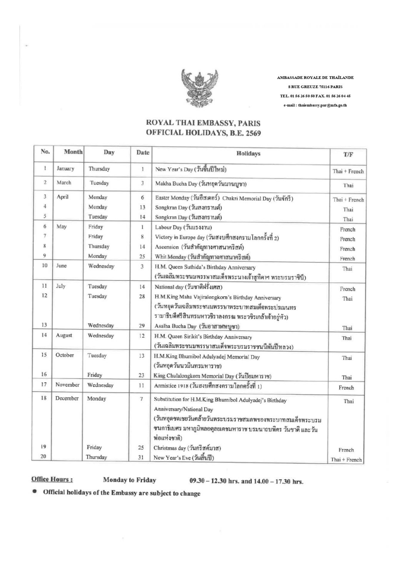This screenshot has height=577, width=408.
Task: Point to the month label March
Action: click(x=64, y=183)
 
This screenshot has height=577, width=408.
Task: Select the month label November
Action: click(x=67, y=385)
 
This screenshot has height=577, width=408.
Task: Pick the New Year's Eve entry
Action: click(x=183, y=458)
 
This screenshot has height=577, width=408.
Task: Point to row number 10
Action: click(x=44, y=266)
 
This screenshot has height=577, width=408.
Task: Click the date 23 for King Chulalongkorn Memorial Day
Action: click(x=141, y=375)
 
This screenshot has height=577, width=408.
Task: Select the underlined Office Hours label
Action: click(x=52, y=480)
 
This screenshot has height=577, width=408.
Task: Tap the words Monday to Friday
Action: click(x=130, y=480)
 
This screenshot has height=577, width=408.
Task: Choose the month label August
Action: click(x=64, y=335)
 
